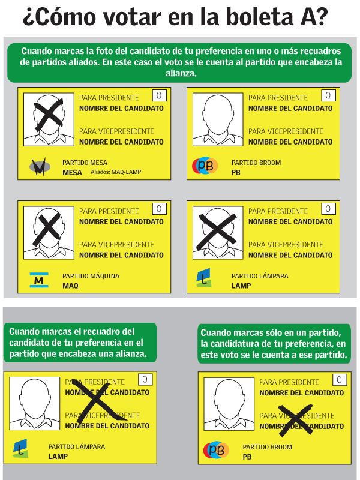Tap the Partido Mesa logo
pyautogui.click(x=39, y=166)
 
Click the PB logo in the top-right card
pyautogui.click(x=205, y=166)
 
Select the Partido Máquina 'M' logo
pyautogui.click(x=39, y=280)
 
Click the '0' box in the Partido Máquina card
pyautogui.click(x=159, y=209)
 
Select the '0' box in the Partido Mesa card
pyautogui.click(x=159, y=95)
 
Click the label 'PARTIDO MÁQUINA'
pyautogui.click(x=91, y=277)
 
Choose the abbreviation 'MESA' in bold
pyautogui.click(x=72, y=173)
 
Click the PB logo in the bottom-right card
pyautogui.click(x=215, y=450)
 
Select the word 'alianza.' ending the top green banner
pyautogui.click(x=179, y=73)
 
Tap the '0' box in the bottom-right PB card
pyautogui.click(x=339, y=380)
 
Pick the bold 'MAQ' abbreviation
pyautogui.click(x=71, y=286)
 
